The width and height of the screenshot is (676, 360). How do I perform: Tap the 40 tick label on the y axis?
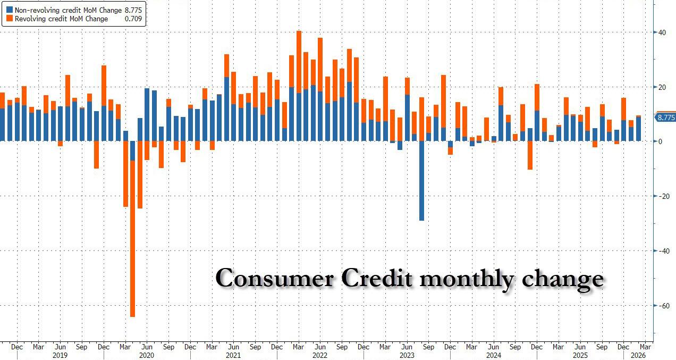tap(662, 32)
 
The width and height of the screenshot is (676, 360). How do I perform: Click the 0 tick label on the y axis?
tap(660, 141)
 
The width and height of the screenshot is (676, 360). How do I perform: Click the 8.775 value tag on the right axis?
tap(666, 118)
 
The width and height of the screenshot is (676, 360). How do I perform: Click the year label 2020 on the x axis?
tap(146, 355)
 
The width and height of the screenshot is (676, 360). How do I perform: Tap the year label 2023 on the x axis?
tap(407, 355)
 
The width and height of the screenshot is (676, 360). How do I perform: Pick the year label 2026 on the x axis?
tap(638, 355)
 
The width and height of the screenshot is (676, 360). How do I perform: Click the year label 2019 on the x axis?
tap(60, 355)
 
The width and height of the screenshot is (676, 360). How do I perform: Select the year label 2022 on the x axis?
tap(320, 355)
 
